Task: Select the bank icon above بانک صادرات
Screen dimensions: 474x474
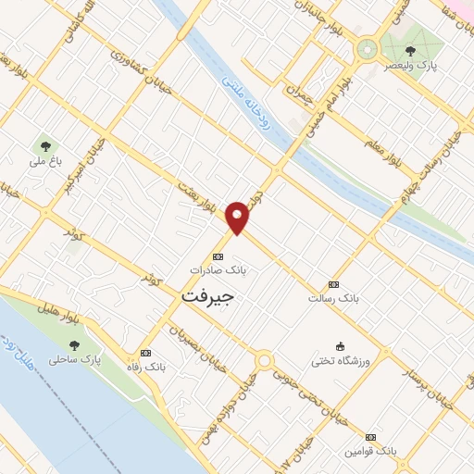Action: (218, 256)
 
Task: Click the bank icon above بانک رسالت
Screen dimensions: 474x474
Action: (334, 285)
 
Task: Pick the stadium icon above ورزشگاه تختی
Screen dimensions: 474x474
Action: (341, 345)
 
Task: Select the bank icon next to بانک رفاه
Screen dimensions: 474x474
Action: (144, 353)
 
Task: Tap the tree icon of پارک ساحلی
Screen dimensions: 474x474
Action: (74, 345)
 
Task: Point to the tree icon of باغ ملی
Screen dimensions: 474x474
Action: (43, 145)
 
